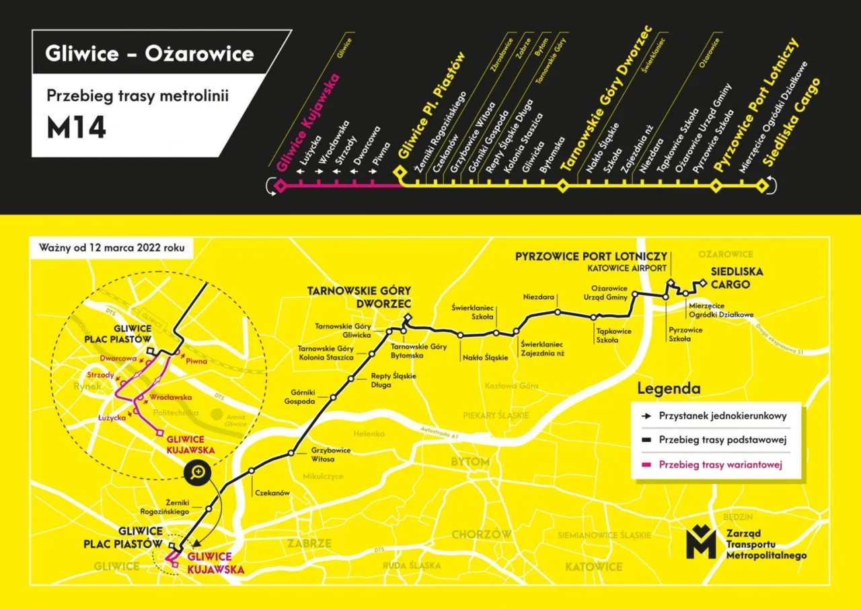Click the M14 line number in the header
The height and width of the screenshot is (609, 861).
(x=76, y=128)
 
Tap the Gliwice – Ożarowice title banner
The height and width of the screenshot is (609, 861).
(x=149, y=53)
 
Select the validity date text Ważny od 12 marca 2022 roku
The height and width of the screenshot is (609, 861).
(x=111, y=247)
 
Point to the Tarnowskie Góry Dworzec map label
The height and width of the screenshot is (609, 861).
(x=359, y=297)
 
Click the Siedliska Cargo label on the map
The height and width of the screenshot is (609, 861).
(x=730, y=278)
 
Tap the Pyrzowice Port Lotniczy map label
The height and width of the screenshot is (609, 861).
(x=591, y=256)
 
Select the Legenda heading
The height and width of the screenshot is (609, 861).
(x=668, y=388)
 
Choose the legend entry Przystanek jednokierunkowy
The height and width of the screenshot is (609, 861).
(x=722, y=416)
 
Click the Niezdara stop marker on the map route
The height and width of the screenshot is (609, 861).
(x=558, y=312)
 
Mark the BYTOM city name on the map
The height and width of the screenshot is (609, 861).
(x=470, y=462)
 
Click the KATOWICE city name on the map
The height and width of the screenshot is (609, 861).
(x=593, y=567)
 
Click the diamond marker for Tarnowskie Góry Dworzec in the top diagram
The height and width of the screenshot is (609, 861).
(x=563, y=185)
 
